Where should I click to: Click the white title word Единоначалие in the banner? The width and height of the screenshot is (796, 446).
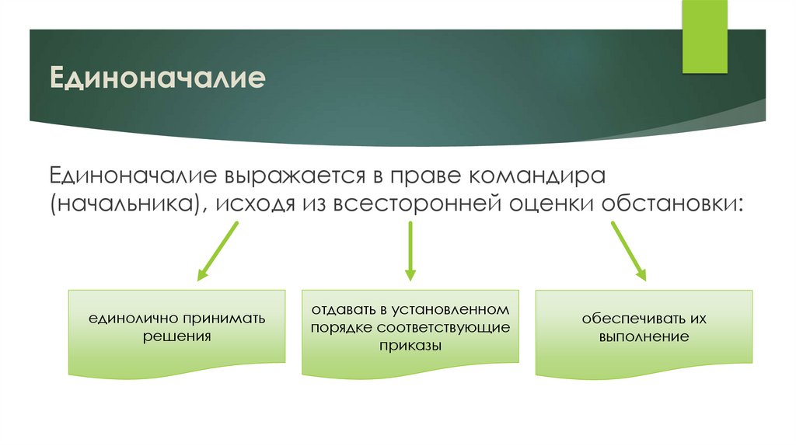point(158,78)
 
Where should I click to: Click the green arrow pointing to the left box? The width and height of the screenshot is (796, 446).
point(218,251)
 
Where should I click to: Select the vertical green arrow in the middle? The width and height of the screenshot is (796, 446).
point(410,250)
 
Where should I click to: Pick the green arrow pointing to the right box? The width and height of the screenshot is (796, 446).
point(628,250)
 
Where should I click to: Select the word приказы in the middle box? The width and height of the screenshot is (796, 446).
point(410,346)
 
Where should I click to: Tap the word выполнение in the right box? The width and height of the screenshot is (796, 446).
point(644,337)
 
